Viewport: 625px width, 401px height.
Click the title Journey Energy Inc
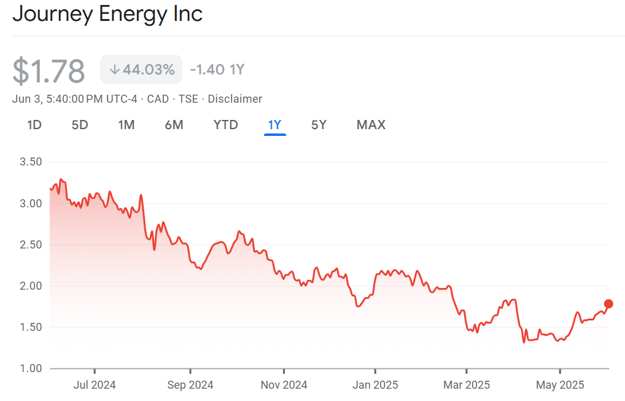click(x=107, y=14)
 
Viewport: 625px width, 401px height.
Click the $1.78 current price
click(x=49, y=71)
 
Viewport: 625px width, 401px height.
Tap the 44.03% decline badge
click(x=141, y=69)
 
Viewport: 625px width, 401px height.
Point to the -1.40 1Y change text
click(x=217, y=69)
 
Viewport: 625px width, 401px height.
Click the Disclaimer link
click(x=235, y=99)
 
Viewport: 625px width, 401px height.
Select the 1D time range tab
click(x=34, y=125)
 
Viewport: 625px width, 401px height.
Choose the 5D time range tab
click(x=80, y=125)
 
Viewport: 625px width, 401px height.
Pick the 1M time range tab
click(x=126, y=125)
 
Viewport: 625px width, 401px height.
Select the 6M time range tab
click(x=174, y=125)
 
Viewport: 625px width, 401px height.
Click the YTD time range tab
click(x=225, y=125)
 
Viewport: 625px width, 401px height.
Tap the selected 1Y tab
click(x=274, y=125)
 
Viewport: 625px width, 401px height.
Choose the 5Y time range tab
click(x=319, y=125)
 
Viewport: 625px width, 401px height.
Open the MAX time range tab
click(x=371, y=125)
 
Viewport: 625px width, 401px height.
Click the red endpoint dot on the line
click(x=608, y=303)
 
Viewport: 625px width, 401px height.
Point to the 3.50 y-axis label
click(x=31, y=162)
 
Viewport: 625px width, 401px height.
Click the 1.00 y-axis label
click(x=31, y=368)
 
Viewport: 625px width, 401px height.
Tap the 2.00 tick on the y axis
click(x=31, y=286)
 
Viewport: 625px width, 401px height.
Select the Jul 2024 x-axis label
click(x=95, y=385)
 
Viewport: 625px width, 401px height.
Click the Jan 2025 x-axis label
click(x=375, y=385)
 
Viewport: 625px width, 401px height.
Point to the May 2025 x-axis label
click(x=560, y=385)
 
